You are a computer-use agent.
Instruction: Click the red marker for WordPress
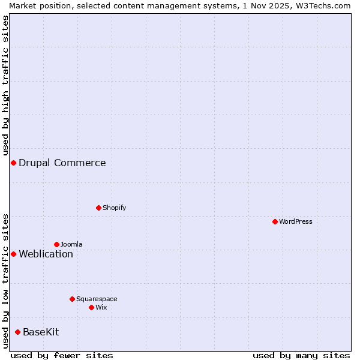pyautogui.click(x=275, y=221)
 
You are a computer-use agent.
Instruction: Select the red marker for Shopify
pyautogui.click(x=98, y=208)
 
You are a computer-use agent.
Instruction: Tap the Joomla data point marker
pyautogui.click(x=56, y=244)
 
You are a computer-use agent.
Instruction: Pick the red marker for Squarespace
pyautogui.click(x=72, y=299)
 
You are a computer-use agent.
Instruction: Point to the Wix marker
pyautogui.click(x=91, y=307)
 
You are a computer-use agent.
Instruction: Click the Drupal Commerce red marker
pyautogui.click(x=13, y=163)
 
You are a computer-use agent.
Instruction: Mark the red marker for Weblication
pyautogui.click(x=13, y=254)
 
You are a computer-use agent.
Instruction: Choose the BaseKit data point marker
pyautogui.click(x=17, y=332)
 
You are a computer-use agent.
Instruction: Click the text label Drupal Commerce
pyautogui.click(x=62, y=163)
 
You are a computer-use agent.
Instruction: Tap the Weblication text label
pyautogui.click(x=46, y=254)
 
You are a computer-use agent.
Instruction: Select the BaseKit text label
pyautogui.click(x=41, y=332)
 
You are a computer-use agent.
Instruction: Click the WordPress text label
pyautogui.click(x=296, y=221)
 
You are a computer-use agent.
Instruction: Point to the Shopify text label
pyautogui.click(x=114, y=208)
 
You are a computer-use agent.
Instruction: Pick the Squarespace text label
pyautogui.click(x=97, y=299)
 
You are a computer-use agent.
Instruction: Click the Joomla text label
pyautogui.click(x=71, y=244)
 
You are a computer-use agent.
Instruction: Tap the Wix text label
pyautogui.click(x=101, y=307)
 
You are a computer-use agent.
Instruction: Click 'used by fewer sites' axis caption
pyautogui.click(x=62, y=355)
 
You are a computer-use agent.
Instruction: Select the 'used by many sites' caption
pyautogui.click(x=301, y=355)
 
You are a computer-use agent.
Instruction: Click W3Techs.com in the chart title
pyautogui.click(x=323, y=5)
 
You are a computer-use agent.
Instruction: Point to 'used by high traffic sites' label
pyautogui.click(x=5, y=84)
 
